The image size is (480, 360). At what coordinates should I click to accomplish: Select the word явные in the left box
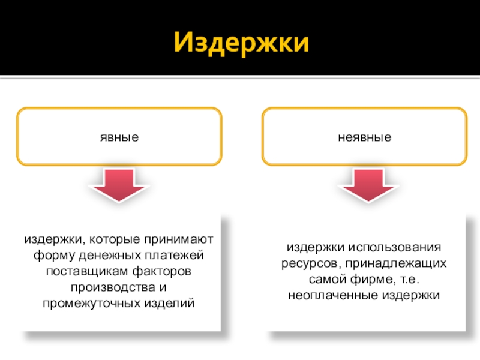[119, 137]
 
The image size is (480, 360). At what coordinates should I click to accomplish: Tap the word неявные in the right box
[364, 137]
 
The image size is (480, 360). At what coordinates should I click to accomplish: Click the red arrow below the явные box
[117, 185]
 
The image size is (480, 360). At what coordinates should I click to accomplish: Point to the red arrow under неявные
[367, 185]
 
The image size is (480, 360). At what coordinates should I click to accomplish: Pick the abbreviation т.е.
[407, 280]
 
